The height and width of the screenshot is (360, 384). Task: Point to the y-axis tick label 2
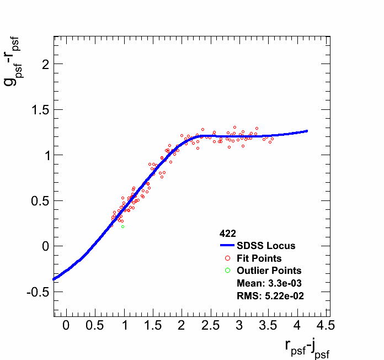tap(45, 64)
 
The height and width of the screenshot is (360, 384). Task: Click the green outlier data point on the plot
tap(122, 226)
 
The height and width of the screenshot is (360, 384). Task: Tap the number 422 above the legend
tap(227, 234)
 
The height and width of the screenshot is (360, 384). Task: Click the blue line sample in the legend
tap(227, 246)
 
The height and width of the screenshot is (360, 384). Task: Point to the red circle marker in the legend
tap(227, 258)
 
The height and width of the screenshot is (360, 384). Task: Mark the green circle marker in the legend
tap(227, 271)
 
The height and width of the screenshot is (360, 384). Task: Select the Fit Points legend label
tap(259, 258)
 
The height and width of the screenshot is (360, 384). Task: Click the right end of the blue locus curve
tap(307, 131)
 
